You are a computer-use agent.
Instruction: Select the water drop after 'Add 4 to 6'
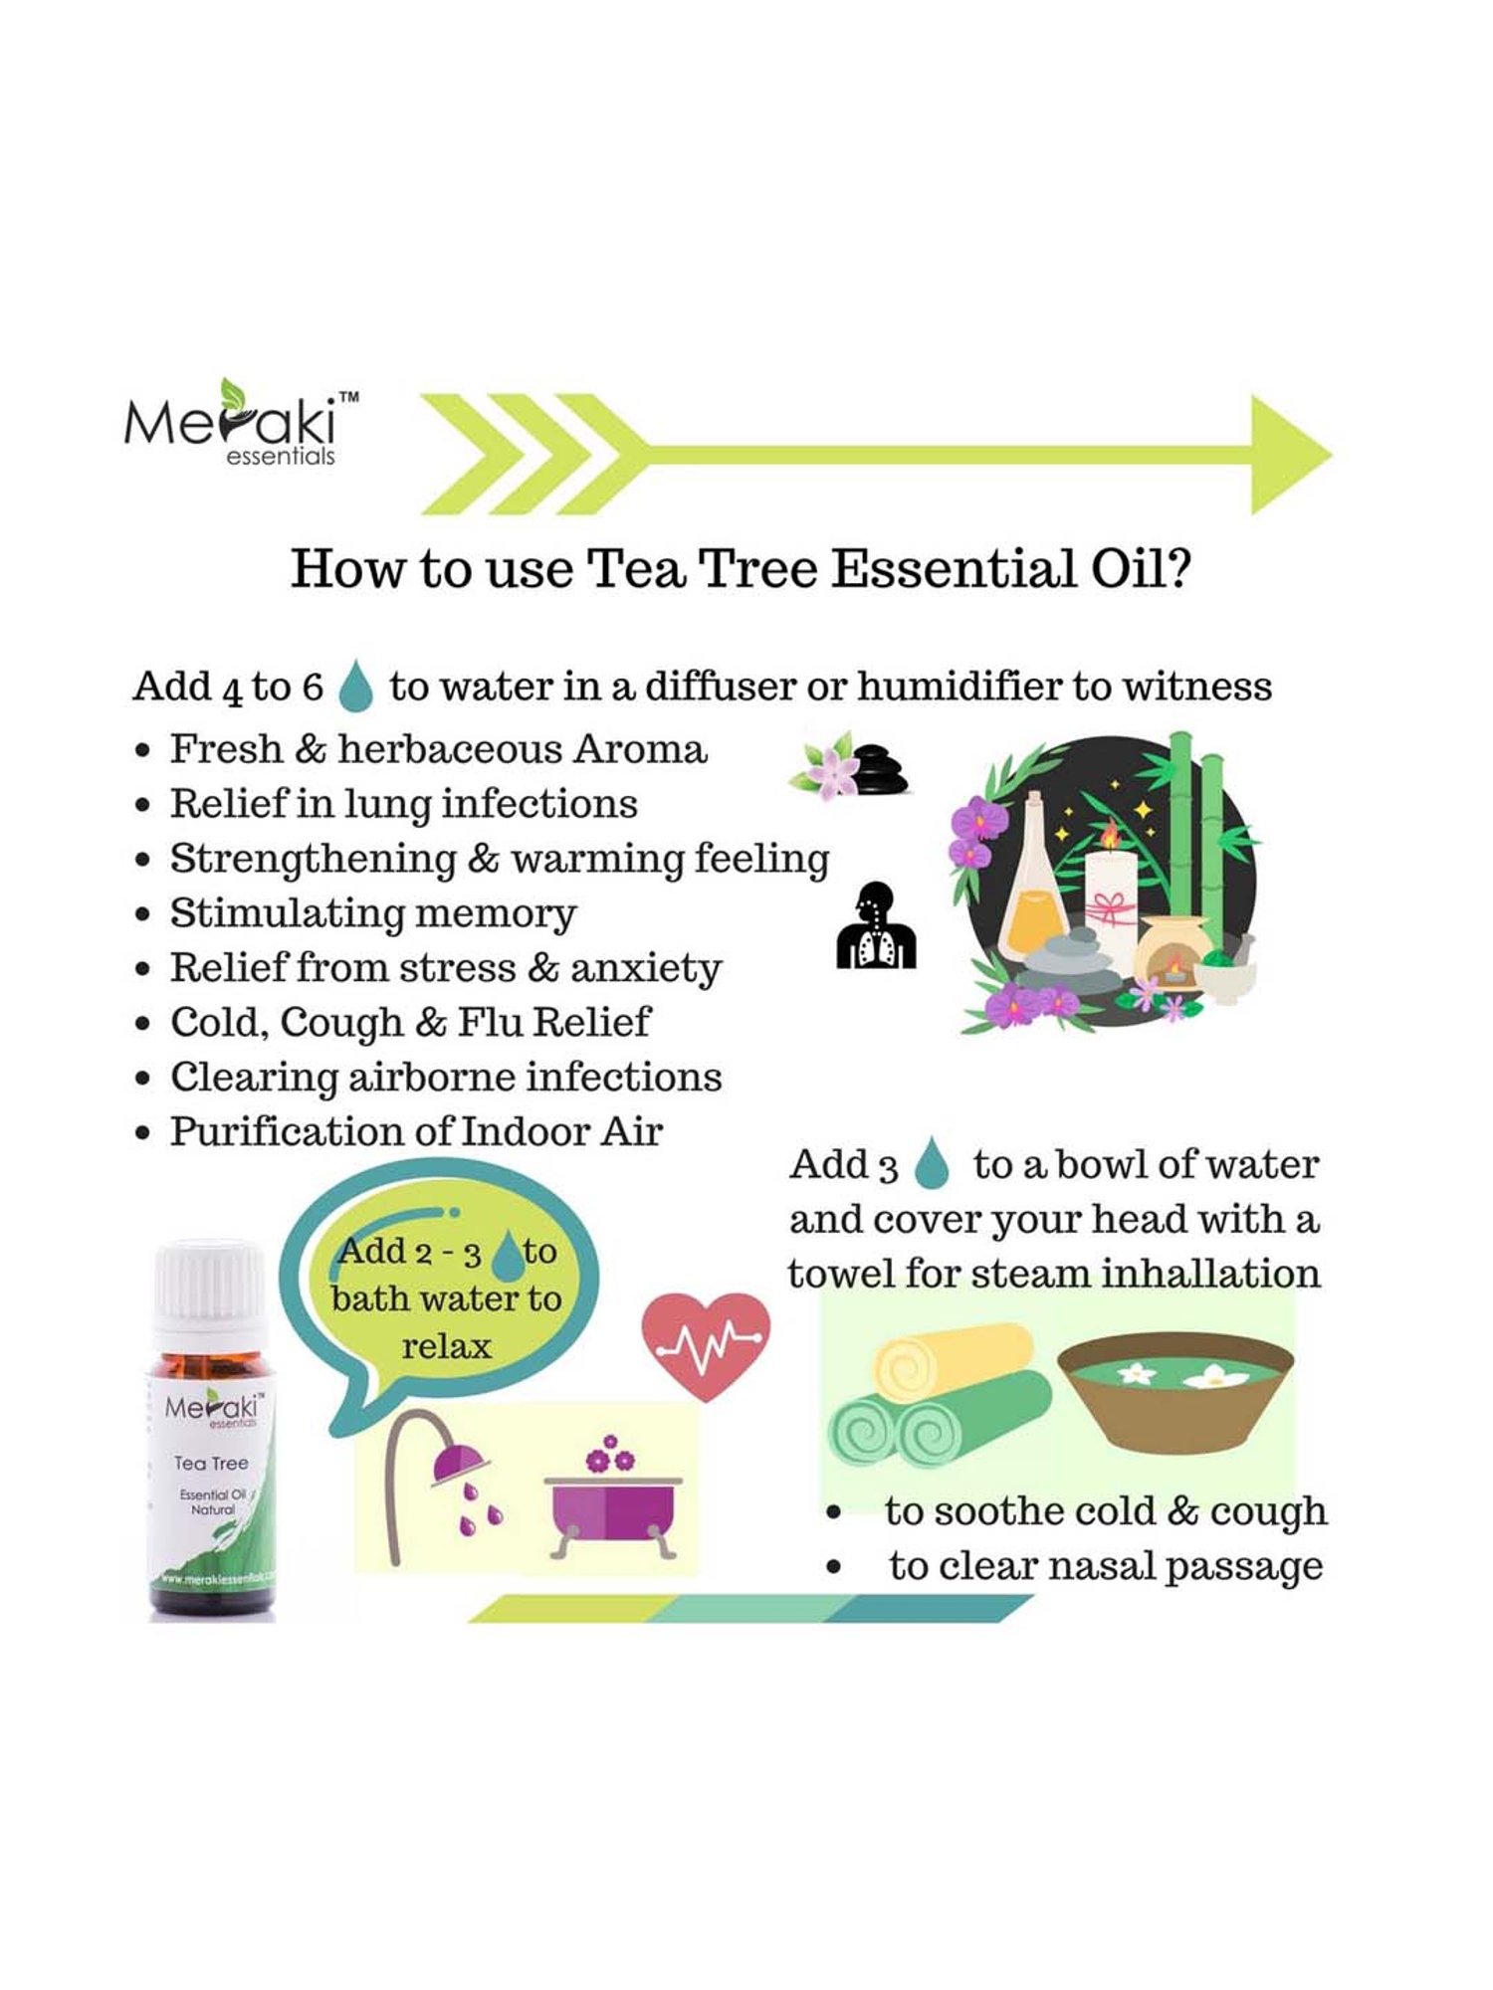point(355,687)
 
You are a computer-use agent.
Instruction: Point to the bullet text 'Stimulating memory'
point(372,913)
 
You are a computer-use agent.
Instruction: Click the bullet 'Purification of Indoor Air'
point(415,1131)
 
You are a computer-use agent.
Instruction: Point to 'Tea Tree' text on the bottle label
point(211,1463)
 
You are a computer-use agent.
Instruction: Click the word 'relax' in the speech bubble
point(446,1347)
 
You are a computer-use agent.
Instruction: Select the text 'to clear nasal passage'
point(1105,1567)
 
